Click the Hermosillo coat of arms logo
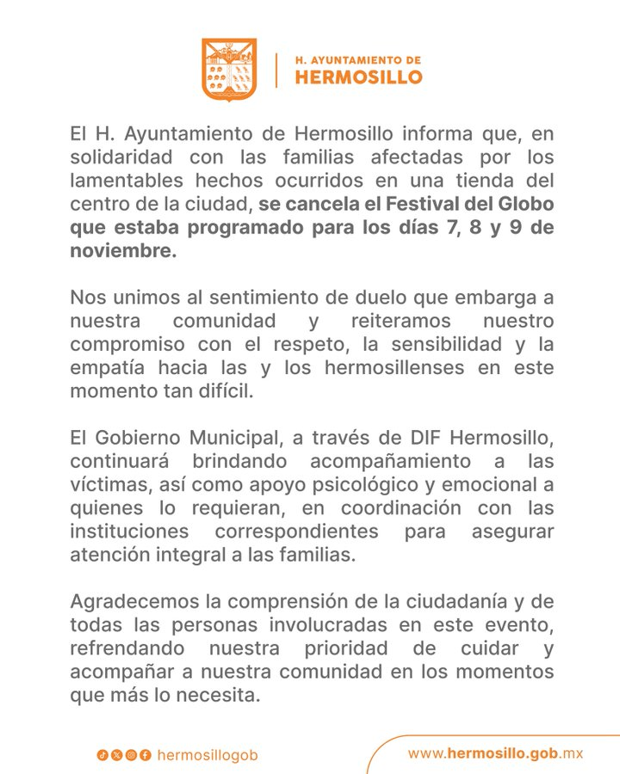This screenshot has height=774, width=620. (x=229, y=69)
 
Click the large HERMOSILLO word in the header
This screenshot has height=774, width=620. (x=358, y=77)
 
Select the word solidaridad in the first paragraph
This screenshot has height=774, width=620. (x=121, y=158)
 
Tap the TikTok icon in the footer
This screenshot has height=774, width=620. (x=102, y=755)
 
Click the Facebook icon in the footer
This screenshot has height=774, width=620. (x=146, y=755)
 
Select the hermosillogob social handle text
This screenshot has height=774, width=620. (x=208, y=755)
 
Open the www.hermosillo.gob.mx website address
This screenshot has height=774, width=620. (x=495, y=753)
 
